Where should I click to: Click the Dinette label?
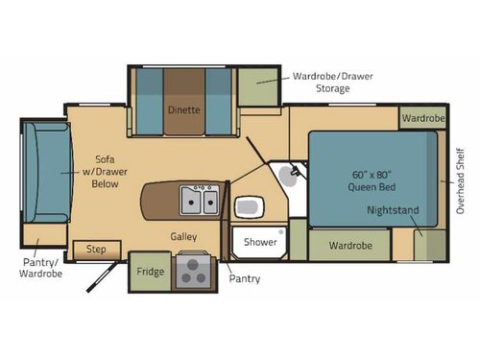[x=183, y=109]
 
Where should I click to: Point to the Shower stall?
[x=259, y=242]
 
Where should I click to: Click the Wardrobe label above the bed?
[x=421, y=119]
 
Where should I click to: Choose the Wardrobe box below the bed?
[x=349, y=245]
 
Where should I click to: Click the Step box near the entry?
[x=96, y=249]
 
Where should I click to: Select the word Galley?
[x=184, y=235]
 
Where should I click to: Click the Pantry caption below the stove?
[x=245, y=278]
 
